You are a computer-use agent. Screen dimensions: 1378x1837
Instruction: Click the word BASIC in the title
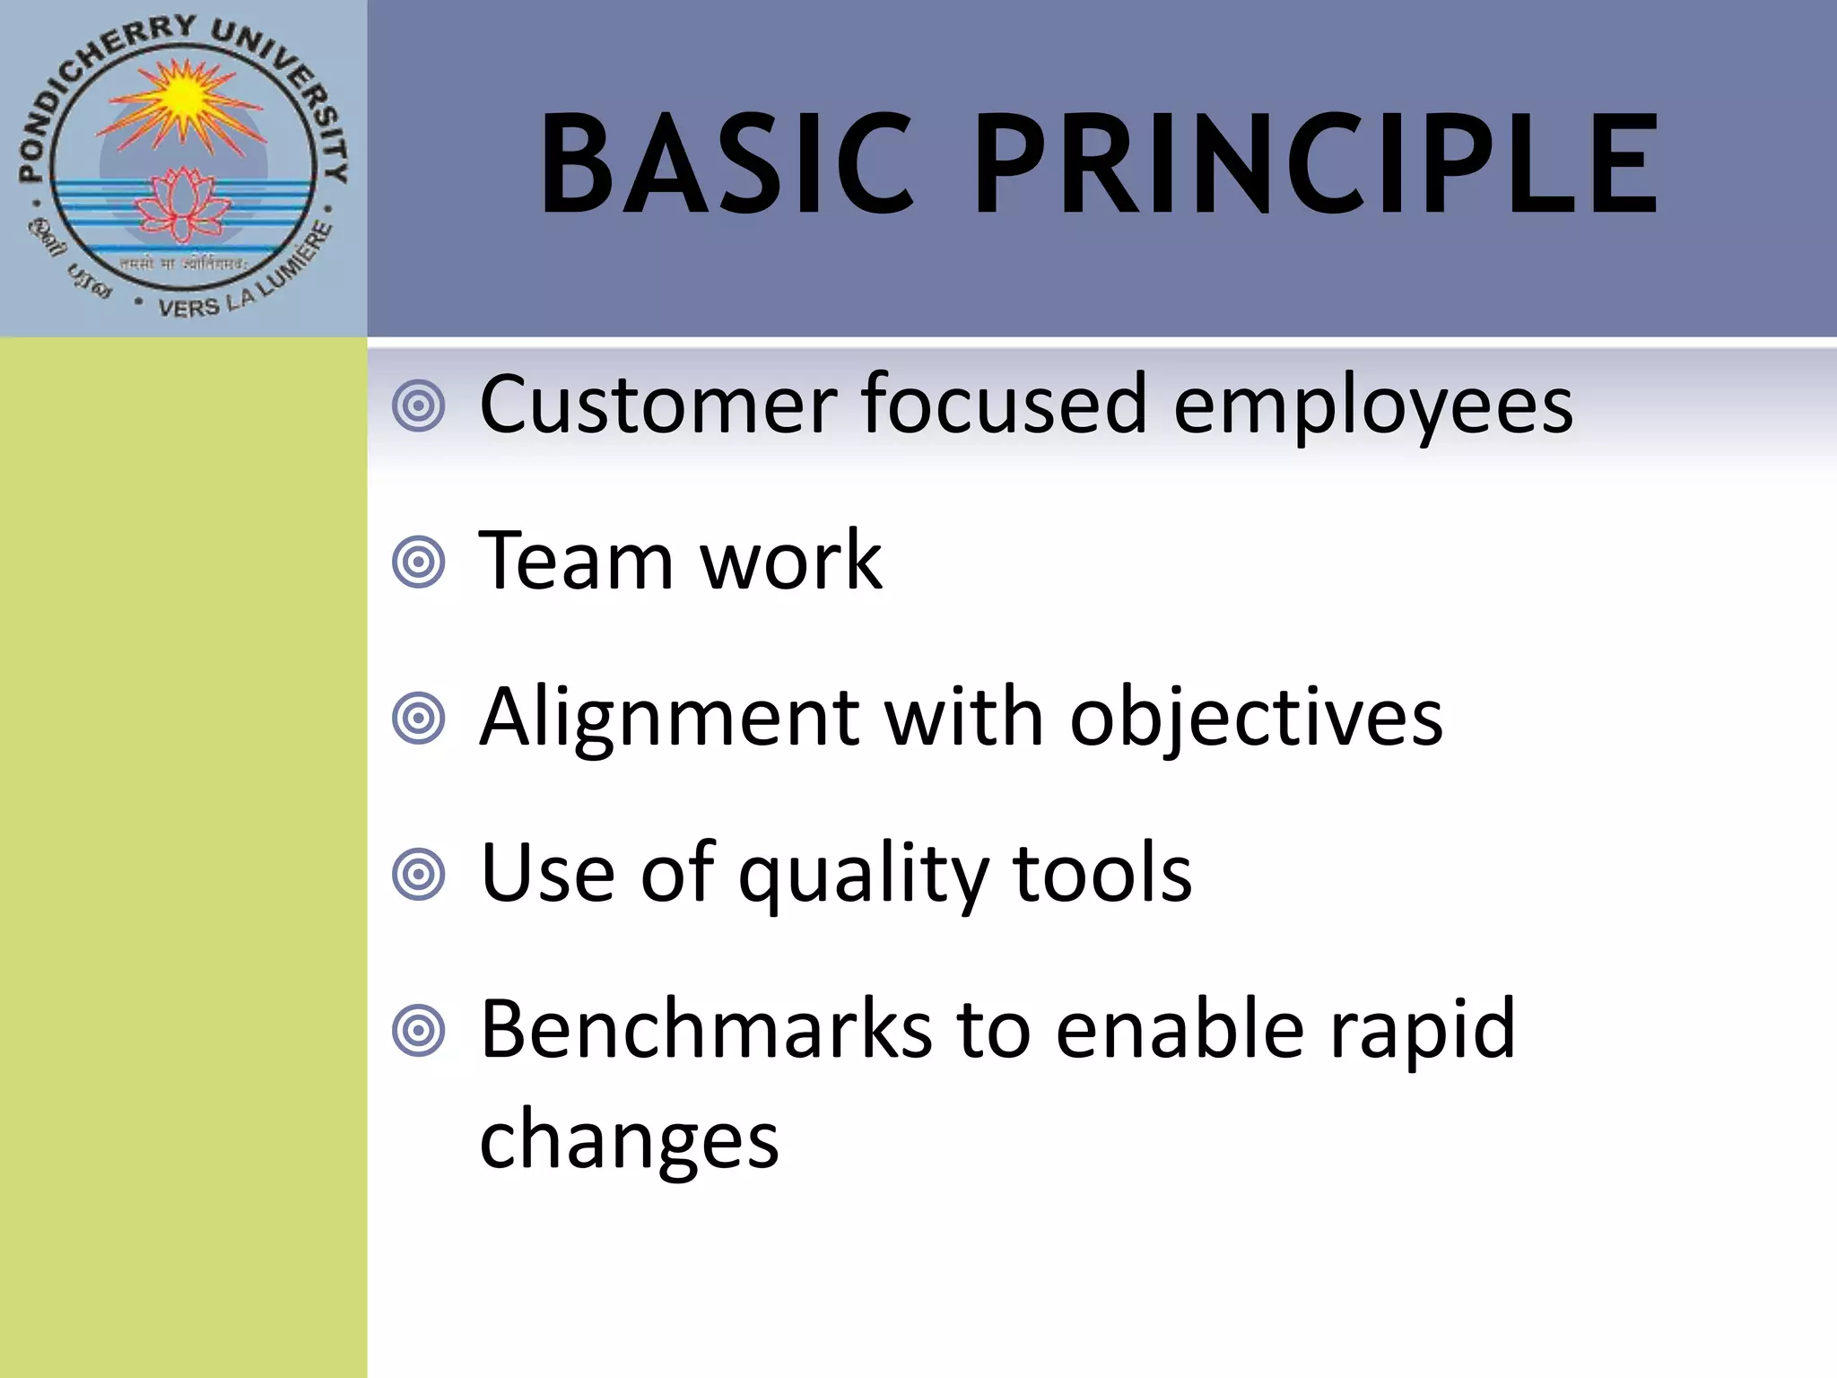pyautogui.click(x=727, y=165)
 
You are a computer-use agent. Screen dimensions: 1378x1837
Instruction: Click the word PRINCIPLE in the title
pyautogui.click(x=1315, y=165)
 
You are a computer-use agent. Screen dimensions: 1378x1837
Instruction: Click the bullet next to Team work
pyautogui.click(x=419, y=563)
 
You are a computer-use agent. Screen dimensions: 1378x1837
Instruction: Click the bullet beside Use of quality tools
pyautogui.click(x=419, y=874)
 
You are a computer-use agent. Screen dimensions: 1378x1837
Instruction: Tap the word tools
pyautogui.click(x=1102, y=874)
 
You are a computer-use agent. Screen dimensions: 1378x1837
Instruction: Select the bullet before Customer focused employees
pyautogui.click(x=419, y=406)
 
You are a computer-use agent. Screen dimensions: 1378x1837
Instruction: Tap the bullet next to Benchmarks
pyautogui.click(x=419, y=1031)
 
